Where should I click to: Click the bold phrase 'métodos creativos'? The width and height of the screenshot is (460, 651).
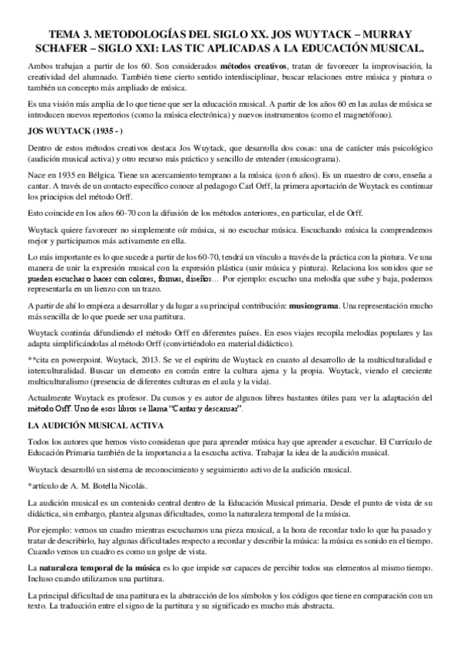[x=255, y=67]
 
